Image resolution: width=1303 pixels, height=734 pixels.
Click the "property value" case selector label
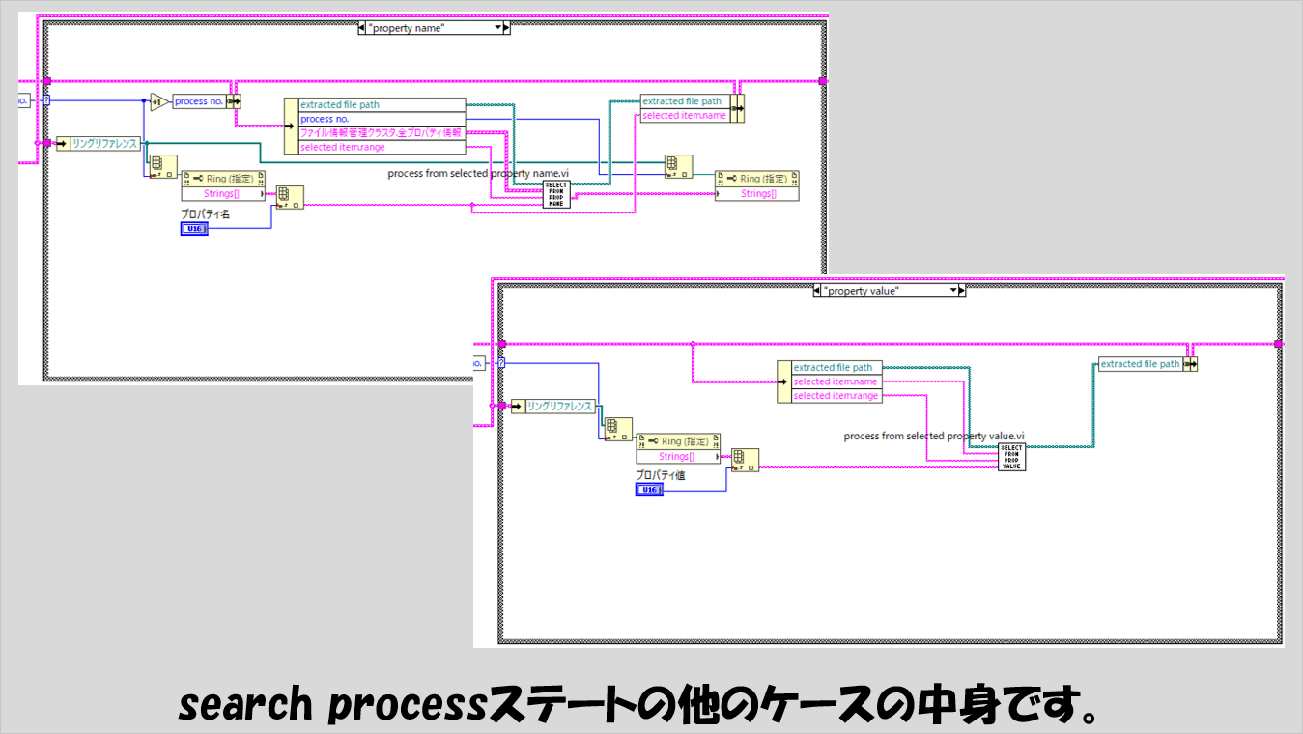tap(887, 290)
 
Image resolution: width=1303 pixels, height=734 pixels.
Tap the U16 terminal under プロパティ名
tap(193, 228)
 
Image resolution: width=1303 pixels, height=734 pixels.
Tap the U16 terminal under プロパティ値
tap(649, 490)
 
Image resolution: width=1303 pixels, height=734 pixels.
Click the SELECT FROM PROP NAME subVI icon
tap(556, 193)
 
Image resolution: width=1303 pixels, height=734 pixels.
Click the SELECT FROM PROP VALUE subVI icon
tap(1011, 457)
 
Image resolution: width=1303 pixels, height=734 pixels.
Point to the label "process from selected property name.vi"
tap(478, 174)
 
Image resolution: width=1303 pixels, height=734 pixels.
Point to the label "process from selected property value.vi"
tap(933, 436)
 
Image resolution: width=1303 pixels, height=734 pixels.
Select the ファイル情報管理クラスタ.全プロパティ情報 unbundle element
tap(381, 132)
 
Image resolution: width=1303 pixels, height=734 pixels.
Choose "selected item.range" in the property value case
tap(836, 396)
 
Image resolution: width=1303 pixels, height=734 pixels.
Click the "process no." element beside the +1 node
tap(199, 101)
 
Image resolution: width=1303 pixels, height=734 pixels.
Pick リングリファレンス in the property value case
tap(559, 407)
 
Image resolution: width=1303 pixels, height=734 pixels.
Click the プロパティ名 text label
tap(206, 213)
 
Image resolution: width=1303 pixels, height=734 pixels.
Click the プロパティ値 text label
tap(661, 475)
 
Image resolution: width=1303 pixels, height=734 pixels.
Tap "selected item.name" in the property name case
tap(684, 116)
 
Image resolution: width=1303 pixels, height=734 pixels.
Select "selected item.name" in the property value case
tap(836, 381)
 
